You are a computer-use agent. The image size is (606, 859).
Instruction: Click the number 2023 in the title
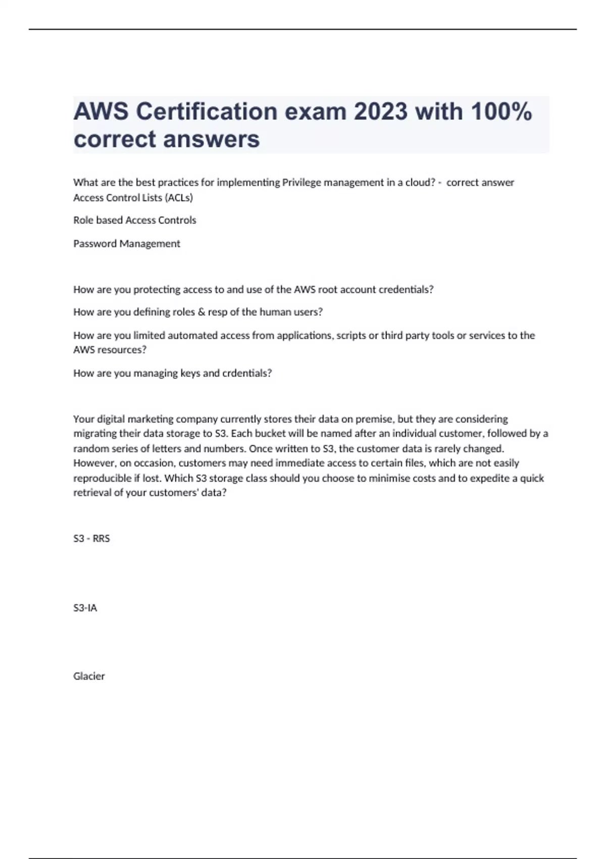(x=380, y=112)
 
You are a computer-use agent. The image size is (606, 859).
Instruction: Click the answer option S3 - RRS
(x=91, y=539)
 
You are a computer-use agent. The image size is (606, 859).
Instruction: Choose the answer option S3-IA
(x=85, y=608)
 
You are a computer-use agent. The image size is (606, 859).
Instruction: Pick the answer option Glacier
(x=89, y=676)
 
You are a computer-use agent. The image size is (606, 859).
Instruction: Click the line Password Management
(x=127, y=244)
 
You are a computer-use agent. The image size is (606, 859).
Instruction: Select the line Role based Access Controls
(x=135, y=220)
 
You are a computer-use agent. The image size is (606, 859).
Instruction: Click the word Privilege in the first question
(x=301, y=182)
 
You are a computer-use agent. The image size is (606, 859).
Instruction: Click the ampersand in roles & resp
(x=201, y=312)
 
